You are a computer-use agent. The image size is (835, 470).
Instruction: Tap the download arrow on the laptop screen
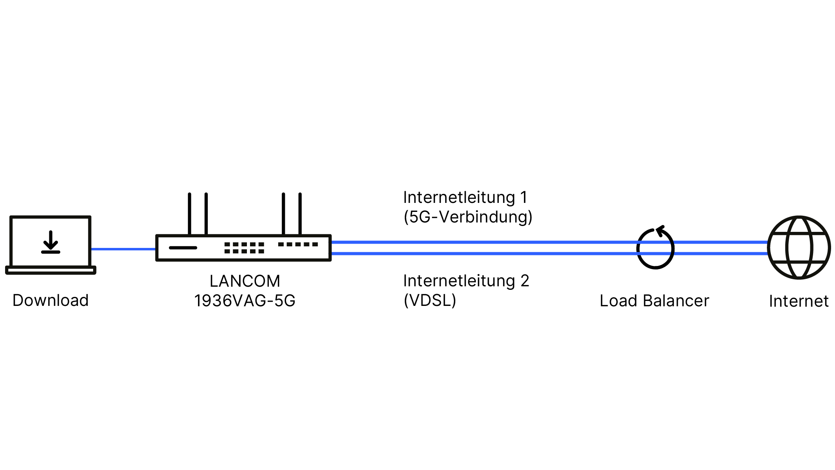pos(50,242)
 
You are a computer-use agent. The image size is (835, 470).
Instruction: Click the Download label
pos(50,300)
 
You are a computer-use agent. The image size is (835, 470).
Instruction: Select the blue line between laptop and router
pos(123,249)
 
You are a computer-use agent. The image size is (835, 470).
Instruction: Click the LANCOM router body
pos(243,248)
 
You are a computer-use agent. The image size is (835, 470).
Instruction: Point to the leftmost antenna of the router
pos(190,213)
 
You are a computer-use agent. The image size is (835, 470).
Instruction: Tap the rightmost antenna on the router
pos(300,213)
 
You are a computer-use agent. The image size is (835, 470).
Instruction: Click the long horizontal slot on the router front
pos(183,248)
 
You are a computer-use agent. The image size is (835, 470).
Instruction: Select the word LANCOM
pos(245,281)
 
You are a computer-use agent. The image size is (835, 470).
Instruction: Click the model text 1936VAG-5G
pos(245,301)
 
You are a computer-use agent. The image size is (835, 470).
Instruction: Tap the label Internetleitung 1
pos(465,197)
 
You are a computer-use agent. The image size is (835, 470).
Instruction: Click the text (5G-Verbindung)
pos(468,217)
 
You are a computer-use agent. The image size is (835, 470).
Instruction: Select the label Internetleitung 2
pos(466,281)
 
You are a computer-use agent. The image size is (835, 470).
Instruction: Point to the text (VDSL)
pos(430,300)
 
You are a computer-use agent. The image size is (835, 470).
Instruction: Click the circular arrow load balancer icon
pos(655,248)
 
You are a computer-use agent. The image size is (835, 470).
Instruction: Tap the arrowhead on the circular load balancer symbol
pos(660,230)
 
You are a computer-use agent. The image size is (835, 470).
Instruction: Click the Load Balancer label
pos(654,301)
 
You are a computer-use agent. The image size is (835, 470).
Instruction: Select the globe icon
pos(799,248)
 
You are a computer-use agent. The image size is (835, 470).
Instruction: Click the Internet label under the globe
pos(799,301)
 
